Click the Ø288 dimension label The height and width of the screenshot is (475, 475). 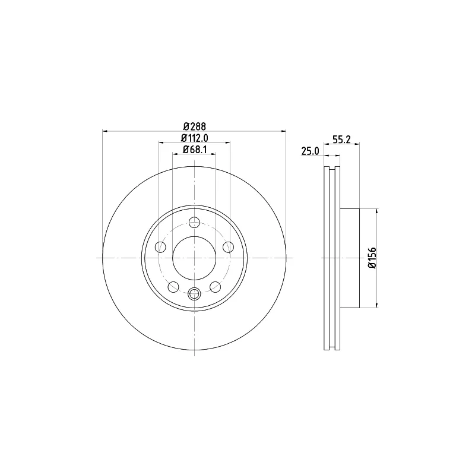[x=195, y=126]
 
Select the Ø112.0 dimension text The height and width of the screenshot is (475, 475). [x=195, y=138]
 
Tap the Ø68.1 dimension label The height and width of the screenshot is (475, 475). [x=195, y=150]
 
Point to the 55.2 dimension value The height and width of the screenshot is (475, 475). [x=341, y=140]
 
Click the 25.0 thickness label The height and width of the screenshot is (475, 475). [x=310, y=151]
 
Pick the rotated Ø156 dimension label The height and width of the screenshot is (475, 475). [x=372, y=258]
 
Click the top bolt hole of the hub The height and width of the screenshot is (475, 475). [x=194, y=222]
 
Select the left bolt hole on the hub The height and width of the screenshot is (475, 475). [x=160, y=247]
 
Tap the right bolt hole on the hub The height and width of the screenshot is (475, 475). [x=228, y=247]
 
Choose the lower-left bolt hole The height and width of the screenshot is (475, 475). [x=173, y=287]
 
